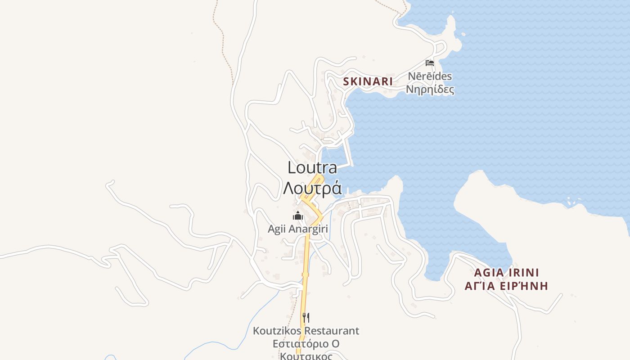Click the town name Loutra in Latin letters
pos(312,167)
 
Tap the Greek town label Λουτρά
pos(312,188)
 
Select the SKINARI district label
pos(368,81)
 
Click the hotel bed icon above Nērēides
pos(430,63)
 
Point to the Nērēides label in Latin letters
pos(430,76)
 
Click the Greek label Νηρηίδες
pos(430,89)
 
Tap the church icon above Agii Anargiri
pos(298,216)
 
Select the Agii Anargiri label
pos(298,229)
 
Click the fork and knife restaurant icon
pos(306,317)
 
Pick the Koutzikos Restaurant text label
pos(306,331)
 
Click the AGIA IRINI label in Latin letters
pos(506,273)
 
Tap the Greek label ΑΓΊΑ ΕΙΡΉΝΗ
pos(506,286)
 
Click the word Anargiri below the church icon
pos(308,229)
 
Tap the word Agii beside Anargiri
pos(276,229)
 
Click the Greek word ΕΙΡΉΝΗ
pos(526,286)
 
